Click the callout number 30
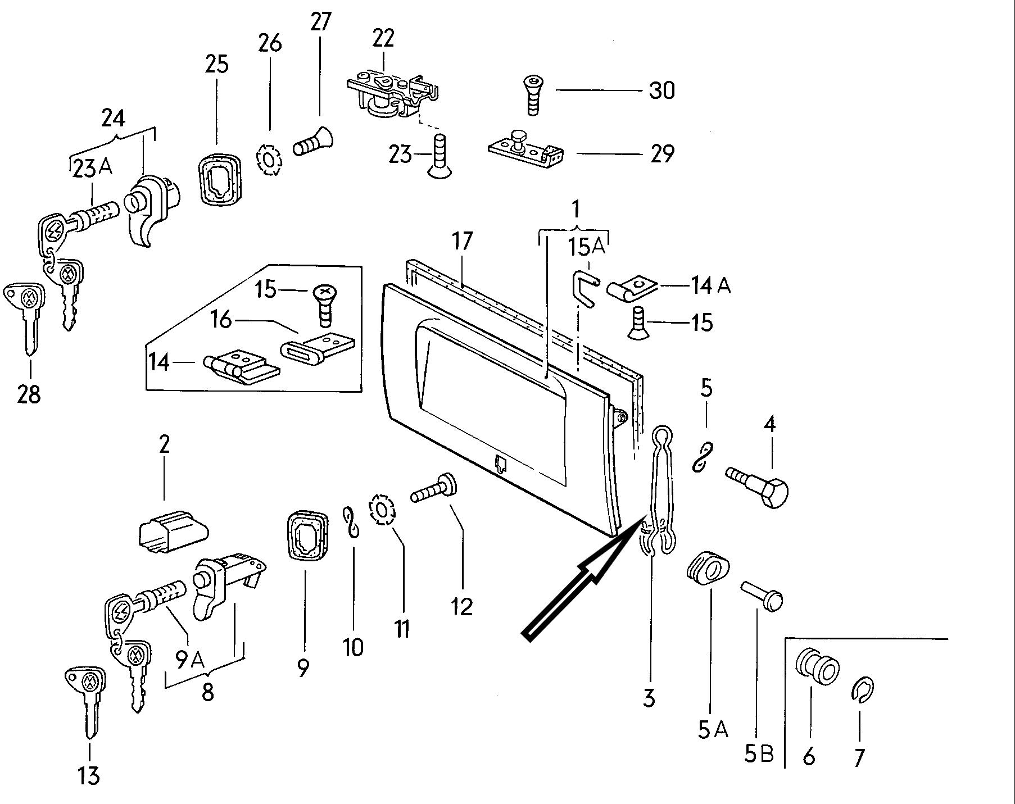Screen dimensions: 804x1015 coord(661,90)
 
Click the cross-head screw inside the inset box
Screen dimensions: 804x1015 coord(322,304)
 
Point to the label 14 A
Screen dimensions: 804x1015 coord(710,286)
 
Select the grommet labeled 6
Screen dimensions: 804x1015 coord(817,667)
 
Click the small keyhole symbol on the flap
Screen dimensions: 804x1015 coord(501,464)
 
